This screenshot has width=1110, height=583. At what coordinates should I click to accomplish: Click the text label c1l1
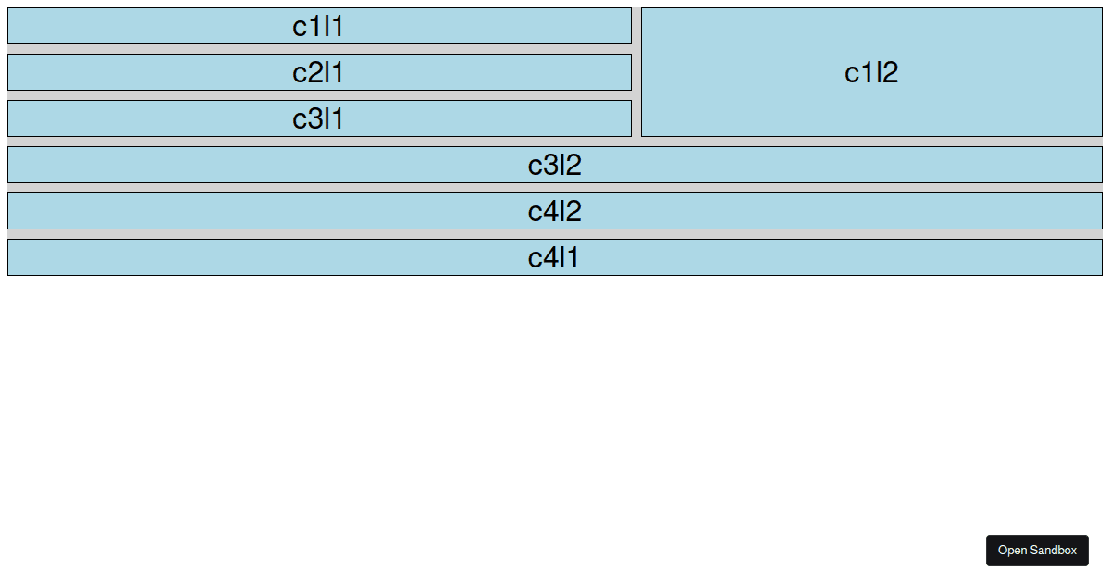pos(318,27)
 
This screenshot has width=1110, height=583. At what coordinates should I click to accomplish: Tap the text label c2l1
pos(318,73)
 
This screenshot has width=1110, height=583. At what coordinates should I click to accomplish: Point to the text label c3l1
pos(318,119)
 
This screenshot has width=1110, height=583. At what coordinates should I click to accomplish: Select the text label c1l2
pos(871,73)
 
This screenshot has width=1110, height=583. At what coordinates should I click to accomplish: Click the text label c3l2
pos(554,166)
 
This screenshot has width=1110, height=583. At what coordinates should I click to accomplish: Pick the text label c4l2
pos(554,212)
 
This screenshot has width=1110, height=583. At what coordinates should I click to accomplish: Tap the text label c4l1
pos(554,258)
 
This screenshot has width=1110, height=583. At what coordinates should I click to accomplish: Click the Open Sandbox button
pos(1037,551)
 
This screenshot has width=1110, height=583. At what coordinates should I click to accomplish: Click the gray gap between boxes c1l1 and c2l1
pos(318,49)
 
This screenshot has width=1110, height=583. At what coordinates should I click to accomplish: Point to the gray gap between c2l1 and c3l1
pos(318,95)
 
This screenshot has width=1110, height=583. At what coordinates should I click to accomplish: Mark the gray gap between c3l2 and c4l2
pos(554,188)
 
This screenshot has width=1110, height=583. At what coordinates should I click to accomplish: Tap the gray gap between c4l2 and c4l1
pos(554,234)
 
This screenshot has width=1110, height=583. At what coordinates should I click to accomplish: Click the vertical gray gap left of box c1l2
pos(636,73)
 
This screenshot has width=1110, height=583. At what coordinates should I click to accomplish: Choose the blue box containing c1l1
pos(139,27)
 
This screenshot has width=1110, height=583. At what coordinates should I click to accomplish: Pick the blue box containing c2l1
pos(139,73)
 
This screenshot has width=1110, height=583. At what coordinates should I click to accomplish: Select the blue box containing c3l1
pos(139,119)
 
